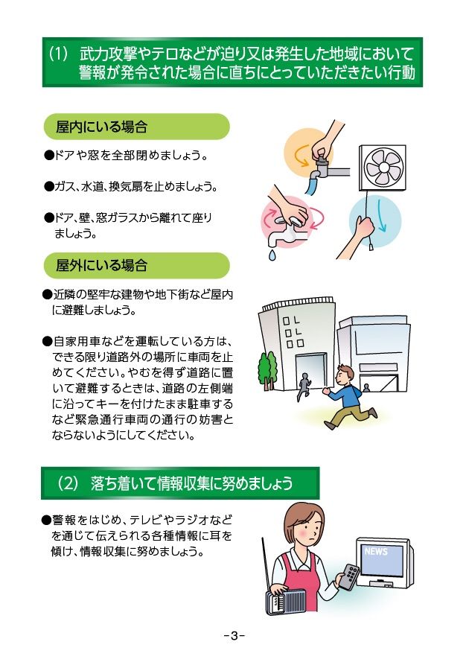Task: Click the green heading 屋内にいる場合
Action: (x=102, y=127)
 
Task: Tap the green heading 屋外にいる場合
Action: (x=102, y=266)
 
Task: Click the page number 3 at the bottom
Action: (x=234, y=636)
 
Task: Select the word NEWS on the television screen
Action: (x=376, y=551)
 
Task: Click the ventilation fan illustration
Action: (x=383, y=168)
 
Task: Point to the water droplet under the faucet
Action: (x=272, y=255)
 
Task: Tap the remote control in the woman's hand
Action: (x=349, y=576)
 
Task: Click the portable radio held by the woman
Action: (x=286, y=602)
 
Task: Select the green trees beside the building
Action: (x=267, y=370)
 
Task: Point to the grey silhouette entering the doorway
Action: (x=304, y=386)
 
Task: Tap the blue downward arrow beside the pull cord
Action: (x=382, y=216)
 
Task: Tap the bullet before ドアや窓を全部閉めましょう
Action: (x=49, y=155)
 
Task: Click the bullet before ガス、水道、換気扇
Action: (x=49, y=186)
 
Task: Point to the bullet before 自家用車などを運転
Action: (x=47, y=341)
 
